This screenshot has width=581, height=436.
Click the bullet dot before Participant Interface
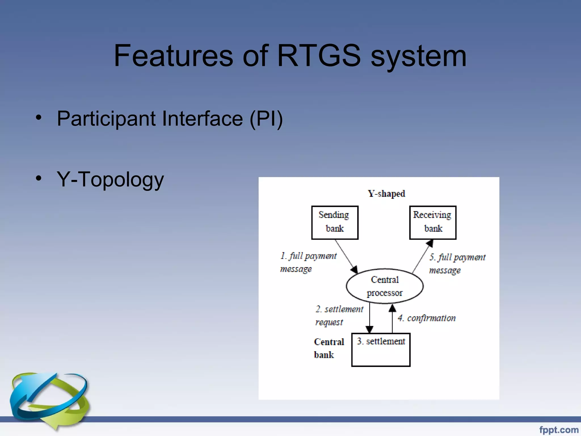click(39, 118)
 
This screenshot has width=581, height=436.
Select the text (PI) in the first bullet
click(266, 119)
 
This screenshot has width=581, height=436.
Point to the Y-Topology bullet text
click(110, 179)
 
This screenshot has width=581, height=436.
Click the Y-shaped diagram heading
click(386, 194)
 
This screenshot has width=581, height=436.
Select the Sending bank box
click(335, 223)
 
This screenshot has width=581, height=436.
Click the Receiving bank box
click(433, 223)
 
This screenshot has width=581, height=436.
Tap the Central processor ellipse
click(385, 286)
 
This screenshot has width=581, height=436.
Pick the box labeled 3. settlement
click(381, 350)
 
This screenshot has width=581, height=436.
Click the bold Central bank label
click(329, 348)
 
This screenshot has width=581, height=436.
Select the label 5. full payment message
click(457, 263)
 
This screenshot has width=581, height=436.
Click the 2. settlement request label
click(339, 315)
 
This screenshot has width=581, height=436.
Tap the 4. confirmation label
click(426, 318)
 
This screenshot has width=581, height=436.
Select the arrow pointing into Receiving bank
click(423, 255)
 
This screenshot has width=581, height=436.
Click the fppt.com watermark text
click(559, 430)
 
